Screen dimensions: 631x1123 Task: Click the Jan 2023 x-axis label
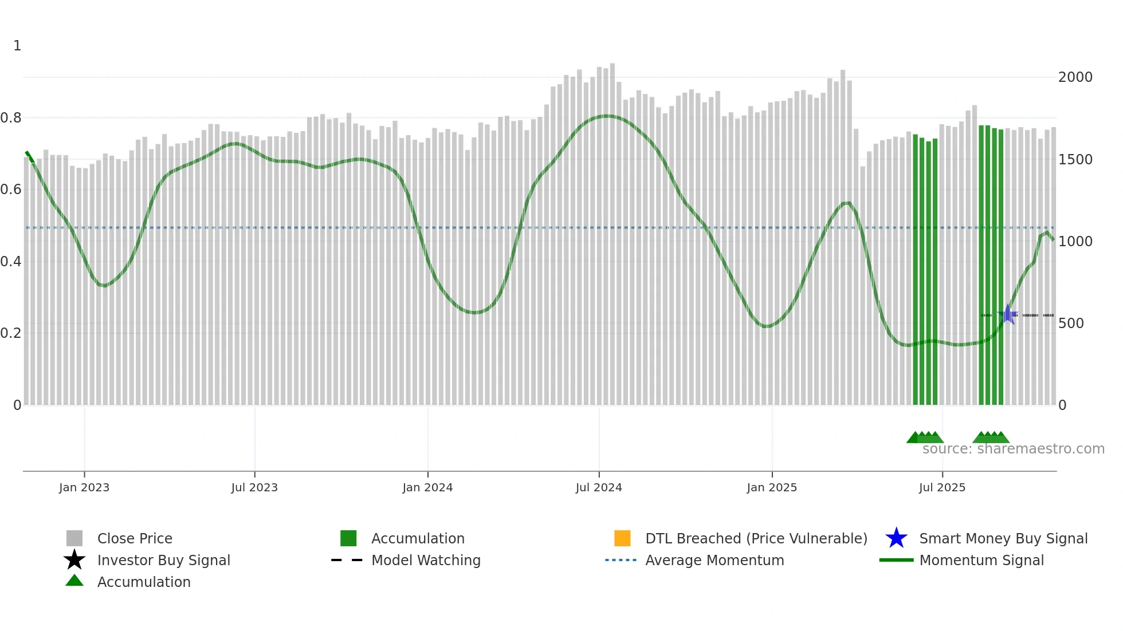tap(84, 487)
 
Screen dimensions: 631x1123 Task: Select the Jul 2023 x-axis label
tap(254, 487)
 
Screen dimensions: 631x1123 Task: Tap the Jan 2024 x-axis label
tap(427, 487)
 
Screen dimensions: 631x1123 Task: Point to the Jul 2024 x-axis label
tap(599, 487)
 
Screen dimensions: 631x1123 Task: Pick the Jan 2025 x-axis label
tap(772, 487)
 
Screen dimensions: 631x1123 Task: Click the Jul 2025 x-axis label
tap(942, 487)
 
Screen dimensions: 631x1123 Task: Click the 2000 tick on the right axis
tap(1075, 77)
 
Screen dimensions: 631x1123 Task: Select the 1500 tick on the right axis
tap(1075, 160)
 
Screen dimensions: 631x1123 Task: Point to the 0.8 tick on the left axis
tap(11, 118)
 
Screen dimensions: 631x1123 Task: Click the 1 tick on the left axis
tap(17, 46)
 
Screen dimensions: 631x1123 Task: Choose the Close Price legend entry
tap(135, 538)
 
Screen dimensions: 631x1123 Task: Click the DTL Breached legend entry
tap(756, 538)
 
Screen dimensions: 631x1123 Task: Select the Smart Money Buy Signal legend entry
tap(1003, 538)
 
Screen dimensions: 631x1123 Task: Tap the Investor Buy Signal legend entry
tap(163, 560)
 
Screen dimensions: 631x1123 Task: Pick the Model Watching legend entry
tap(426, 560)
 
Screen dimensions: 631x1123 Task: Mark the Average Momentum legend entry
tap(714, 560)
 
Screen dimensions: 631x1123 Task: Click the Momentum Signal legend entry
tap(981, 560)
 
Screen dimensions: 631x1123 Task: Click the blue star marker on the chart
tap(1007, 314)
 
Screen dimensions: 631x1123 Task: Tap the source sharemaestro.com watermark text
tap(1013, 449)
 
